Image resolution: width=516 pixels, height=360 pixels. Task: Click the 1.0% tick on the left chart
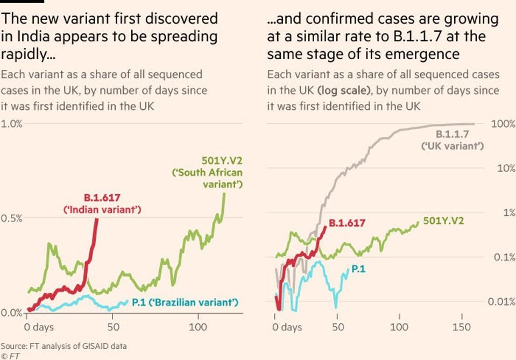point(11,124)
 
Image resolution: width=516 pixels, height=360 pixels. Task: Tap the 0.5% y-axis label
point(11,218)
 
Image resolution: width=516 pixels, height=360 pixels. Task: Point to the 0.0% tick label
point(11,313)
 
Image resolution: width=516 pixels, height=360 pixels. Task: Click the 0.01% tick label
point(501,301)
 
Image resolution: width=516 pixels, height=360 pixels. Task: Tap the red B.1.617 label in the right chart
point(347,222)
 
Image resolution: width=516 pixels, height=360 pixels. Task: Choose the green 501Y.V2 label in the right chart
point(444,221)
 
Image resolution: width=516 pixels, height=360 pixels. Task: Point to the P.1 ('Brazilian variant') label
point(185,302)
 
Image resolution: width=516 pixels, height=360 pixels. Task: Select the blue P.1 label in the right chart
point(358,268)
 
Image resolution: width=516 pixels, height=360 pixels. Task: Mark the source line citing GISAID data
point(63,345)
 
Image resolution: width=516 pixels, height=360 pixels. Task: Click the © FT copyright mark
point(10,356)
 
